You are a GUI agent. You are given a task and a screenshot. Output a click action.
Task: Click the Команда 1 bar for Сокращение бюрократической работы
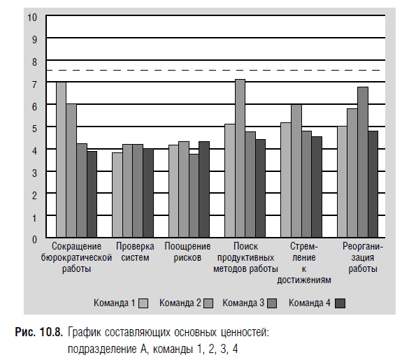click(62, 159)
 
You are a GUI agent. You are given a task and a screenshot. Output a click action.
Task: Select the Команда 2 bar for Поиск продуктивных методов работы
click(241, 158)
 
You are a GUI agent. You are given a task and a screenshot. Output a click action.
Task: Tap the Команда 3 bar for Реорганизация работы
click(363, 162)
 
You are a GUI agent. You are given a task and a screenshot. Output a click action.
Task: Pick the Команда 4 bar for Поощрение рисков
click(204, 189)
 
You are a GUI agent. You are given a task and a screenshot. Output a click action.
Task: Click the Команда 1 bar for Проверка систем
click(117, 195)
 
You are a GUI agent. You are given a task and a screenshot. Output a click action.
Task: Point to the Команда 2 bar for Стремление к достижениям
click(296, 171)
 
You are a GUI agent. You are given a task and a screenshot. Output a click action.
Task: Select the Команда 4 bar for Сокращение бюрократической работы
click(92, 194)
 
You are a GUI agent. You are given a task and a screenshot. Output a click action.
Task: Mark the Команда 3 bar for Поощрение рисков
click(194, 196)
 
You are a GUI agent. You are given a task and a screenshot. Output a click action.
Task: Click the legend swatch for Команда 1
click(143, 303)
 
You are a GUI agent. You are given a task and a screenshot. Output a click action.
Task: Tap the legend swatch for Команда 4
click(340, 303)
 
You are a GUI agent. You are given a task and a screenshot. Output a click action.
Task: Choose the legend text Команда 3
click(243, 303)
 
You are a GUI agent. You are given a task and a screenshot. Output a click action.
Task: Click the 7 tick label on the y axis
click(35, 85)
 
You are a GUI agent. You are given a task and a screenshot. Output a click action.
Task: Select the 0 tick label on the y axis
click(35, 240)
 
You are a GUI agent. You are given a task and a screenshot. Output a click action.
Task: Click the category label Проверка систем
click(135, 252)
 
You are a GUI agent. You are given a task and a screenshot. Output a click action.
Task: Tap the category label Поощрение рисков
click(187, 252)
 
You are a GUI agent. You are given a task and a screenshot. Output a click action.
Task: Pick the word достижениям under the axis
click(304, 280)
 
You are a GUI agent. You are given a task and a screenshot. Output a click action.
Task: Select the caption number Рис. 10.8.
click(38, 332)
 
